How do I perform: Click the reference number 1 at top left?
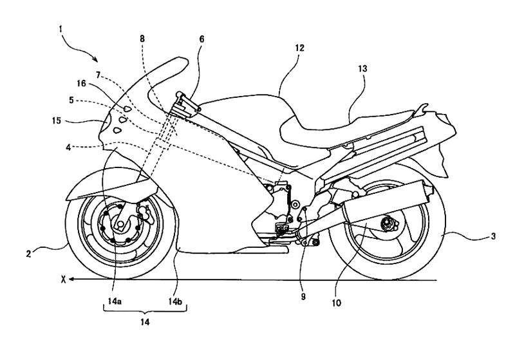pos(61,29)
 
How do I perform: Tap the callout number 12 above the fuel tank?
pos(299,48)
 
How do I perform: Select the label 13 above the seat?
pos(362,69)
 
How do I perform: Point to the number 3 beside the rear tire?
pos(493,236)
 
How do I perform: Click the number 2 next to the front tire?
pos(28,254)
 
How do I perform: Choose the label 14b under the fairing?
pos(175,301)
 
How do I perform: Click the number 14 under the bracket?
pos(145,322)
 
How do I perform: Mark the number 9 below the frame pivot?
pos(303,296)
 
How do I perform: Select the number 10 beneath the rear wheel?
pos(337,303)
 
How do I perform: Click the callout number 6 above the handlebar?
pos(201,39)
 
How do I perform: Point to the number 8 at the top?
pos(142,39)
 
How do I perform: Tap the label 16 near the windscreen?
pos(81,84)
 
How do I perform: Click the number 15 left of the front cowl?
pos(57,120)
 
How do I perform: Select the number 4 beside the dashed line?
pos(68,147)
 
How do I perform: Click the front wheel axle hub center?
pos(120,224)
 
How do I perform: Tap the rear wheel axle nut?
pos(385,223)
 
